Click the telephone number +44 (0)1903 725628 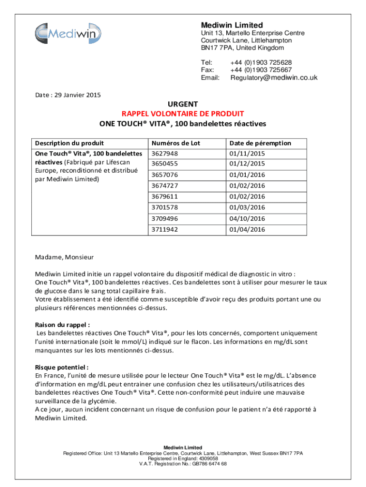tap(261, 62)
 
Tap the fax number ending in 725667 tap(261, 70)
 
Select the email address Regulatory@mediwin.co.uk tap(274, 78)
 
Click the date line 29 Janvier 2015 tap(68, 95)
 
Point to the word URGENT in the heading tap(183, 104)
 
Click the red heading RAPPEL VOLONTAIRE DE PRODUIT tap(183, 114)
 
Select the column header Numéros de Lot tap(175, 143)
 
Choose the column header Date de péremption tap(260, 143)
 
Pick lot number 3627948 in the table tap(165, 154)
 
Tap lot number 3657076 tap(165, 175)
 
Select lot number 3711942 tap(165, 229)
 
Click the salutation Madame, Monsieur tap(64, 257)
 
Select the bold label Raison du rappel tap(62, 325)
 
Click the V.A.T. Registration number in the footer tap(183, 464)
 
